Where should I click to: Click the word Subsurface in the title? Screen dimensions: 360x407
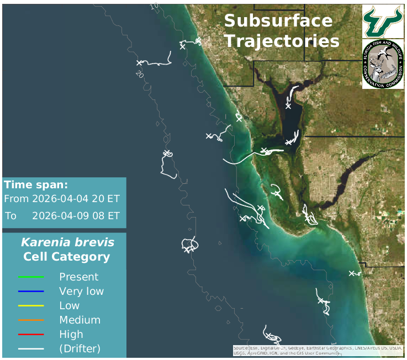click(278, 22)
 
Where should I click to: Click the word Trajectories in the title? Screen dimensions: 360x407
click(282, 41)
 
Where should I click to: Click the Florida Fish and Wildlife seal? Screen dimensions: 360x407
click(383, 64)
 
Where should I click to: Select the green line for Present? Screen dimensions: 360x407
click(31, 277)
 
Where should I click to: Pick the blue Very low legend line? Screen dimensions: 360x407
click(31, 292)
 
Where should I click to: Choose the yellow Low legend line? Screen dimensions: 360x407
click(31, 306)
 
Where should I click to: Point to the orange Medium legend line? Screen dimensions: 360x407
click(31, 320)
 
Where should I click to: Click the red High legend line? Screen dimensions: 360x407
click(31, 335)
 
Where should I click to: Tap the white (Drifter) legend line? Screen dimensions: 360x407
click(31, 349)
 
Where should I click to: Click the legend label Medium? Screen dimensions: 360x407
click(80, 320)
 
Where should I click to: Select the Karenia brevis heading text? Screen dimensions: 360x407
click(67, 242)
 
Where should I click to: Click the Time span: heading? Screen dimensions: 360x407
click(36, 185)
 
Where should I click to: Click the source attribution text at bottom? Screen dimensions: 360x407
click(318, 351)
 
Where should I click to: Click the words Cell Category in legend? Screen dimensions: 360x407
click(66, 257)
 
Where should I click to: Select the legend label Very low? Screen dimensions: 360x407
click(81, 292)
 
